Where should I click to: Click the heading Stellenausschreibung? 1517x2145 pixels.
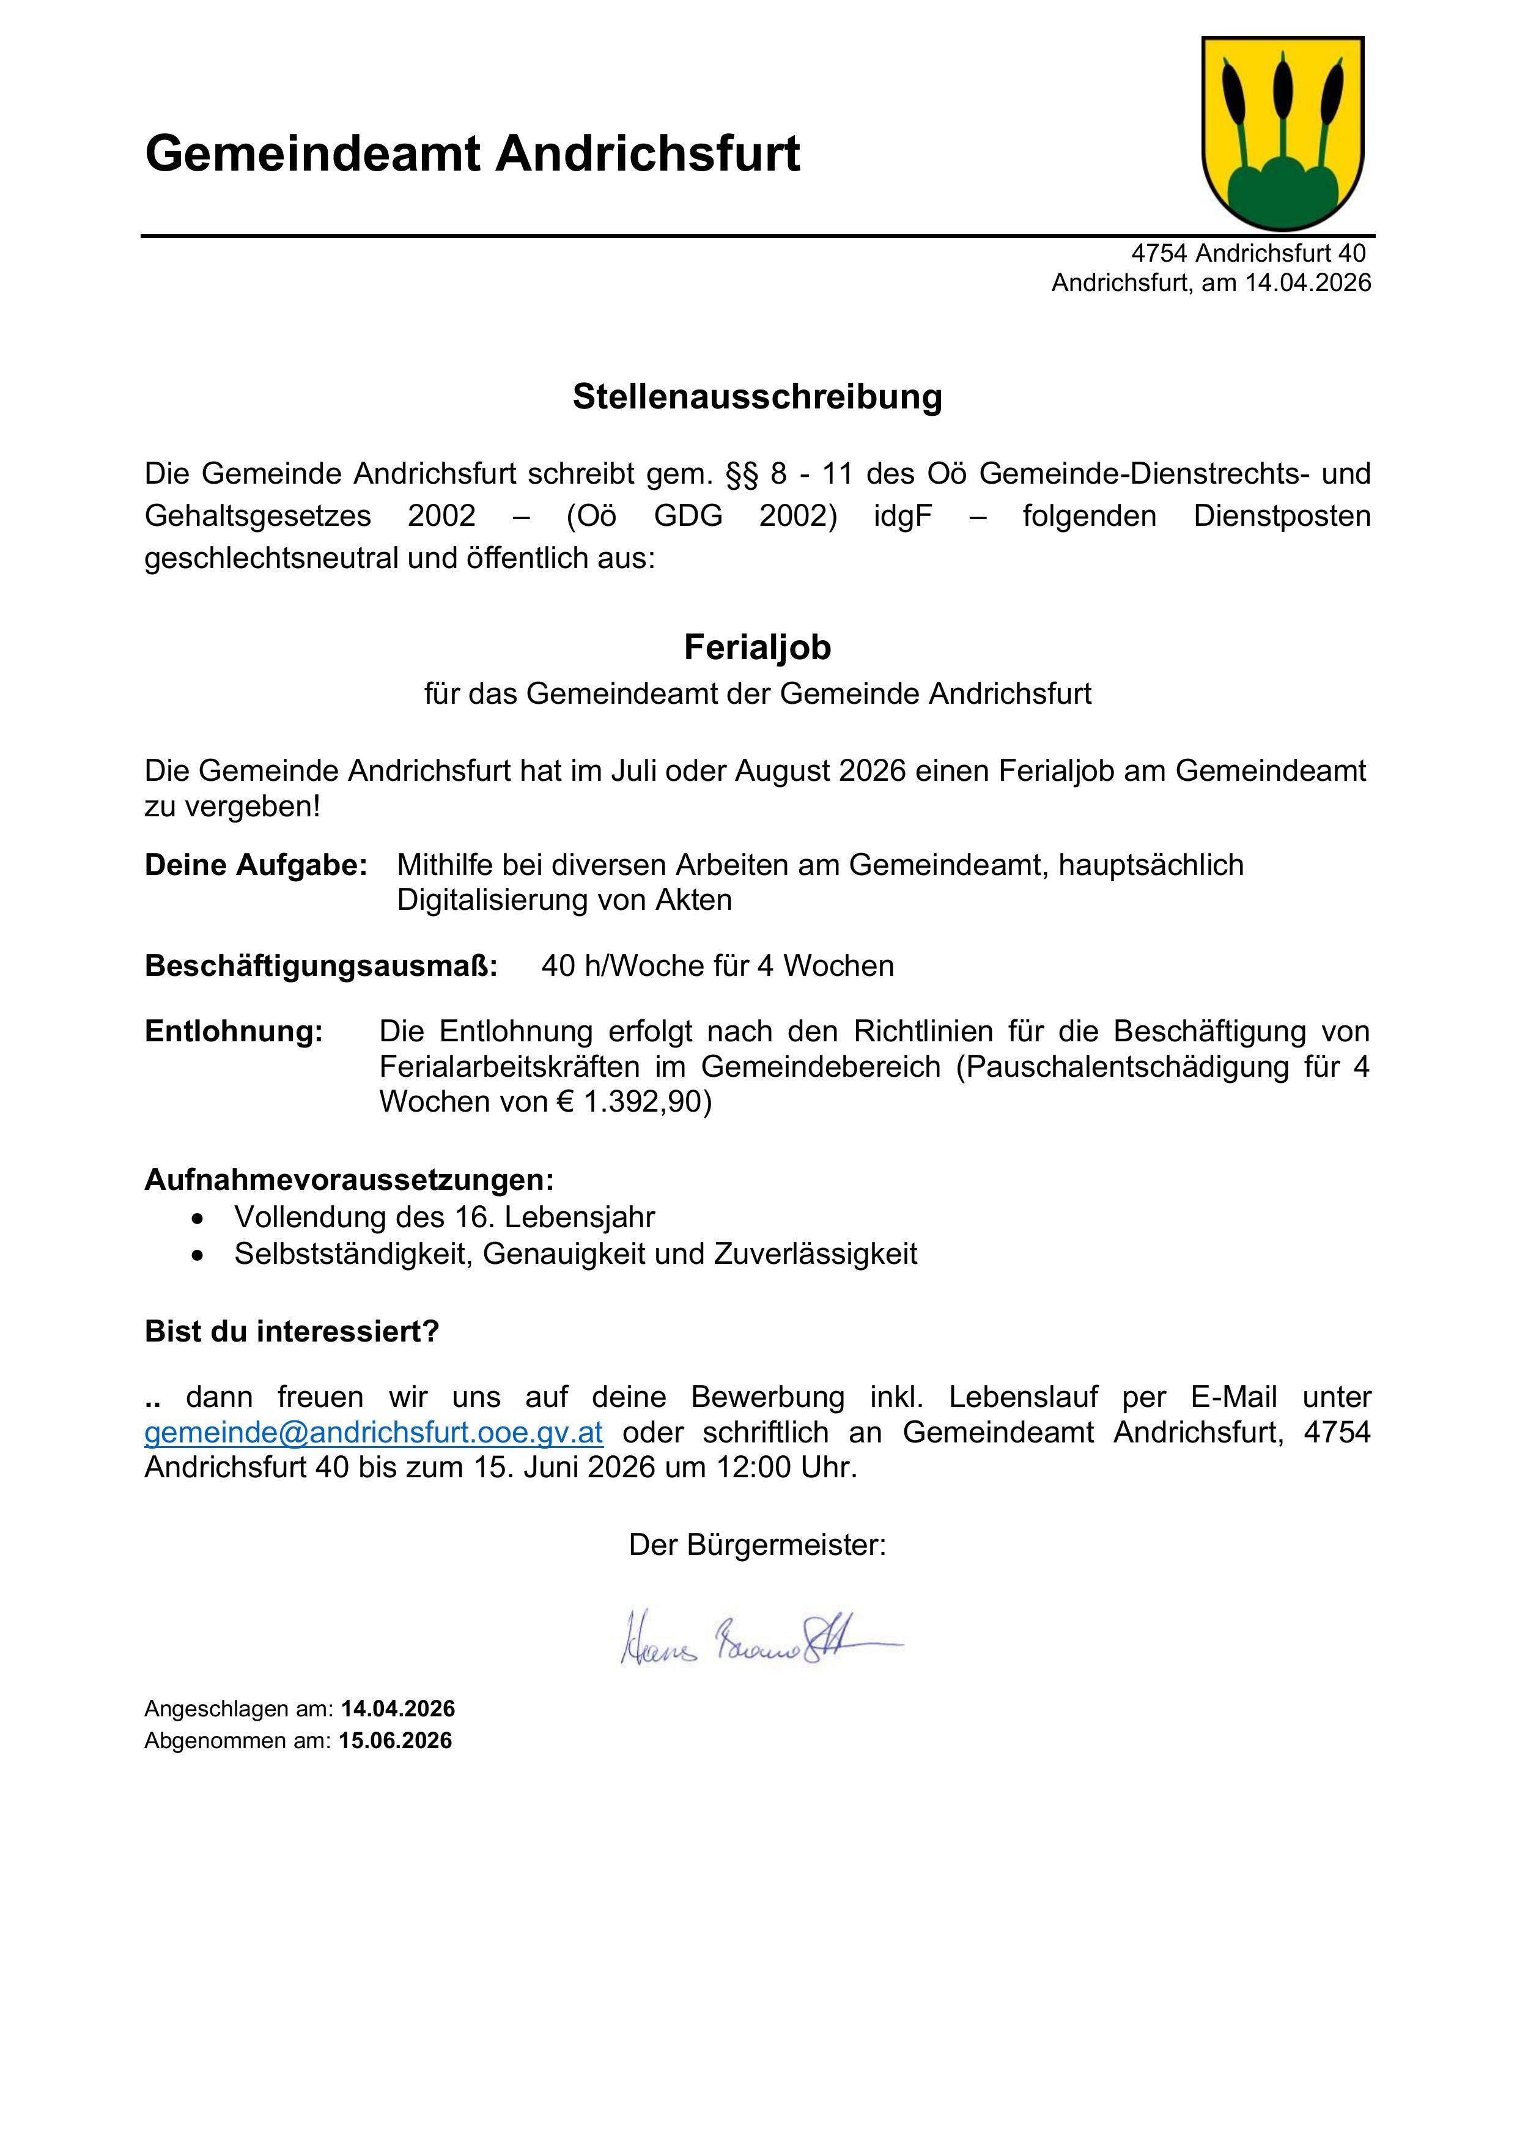[758, 396]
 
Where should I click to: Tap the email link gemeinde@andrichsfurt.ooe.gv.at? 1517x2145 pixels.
[374, 1432]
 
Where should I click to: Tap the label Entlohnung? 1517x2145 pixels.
[234, 1032]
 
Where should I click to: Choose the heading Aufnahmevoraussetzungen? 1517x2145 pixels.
[349, 1180]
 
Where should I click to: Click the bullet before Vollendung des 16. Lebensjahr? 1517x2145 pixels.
[196, 1218]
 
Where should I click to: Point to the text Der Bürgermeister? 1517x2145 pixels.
[758, 1545]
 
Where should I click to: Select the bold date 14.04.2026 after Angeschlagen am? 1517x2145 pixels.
[398, 1708]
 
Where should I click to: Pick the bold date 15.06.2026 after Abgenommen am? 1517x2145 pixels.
[396, 1740]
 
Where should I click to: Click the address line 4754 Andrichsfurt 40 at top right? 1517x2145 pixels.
[1248, 253]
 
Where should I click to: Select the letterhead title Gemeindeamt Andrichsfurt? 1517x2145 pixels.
[473, 154]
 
